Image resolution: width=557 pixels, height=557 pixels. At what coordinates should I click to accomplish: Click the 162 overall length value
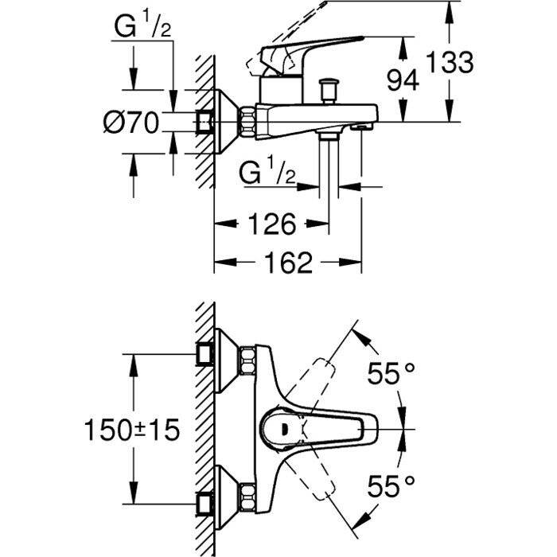pos(286,262)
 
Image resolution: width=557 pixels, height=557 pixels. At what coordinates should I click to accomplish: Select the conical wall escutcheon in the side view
pos(228,120)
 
